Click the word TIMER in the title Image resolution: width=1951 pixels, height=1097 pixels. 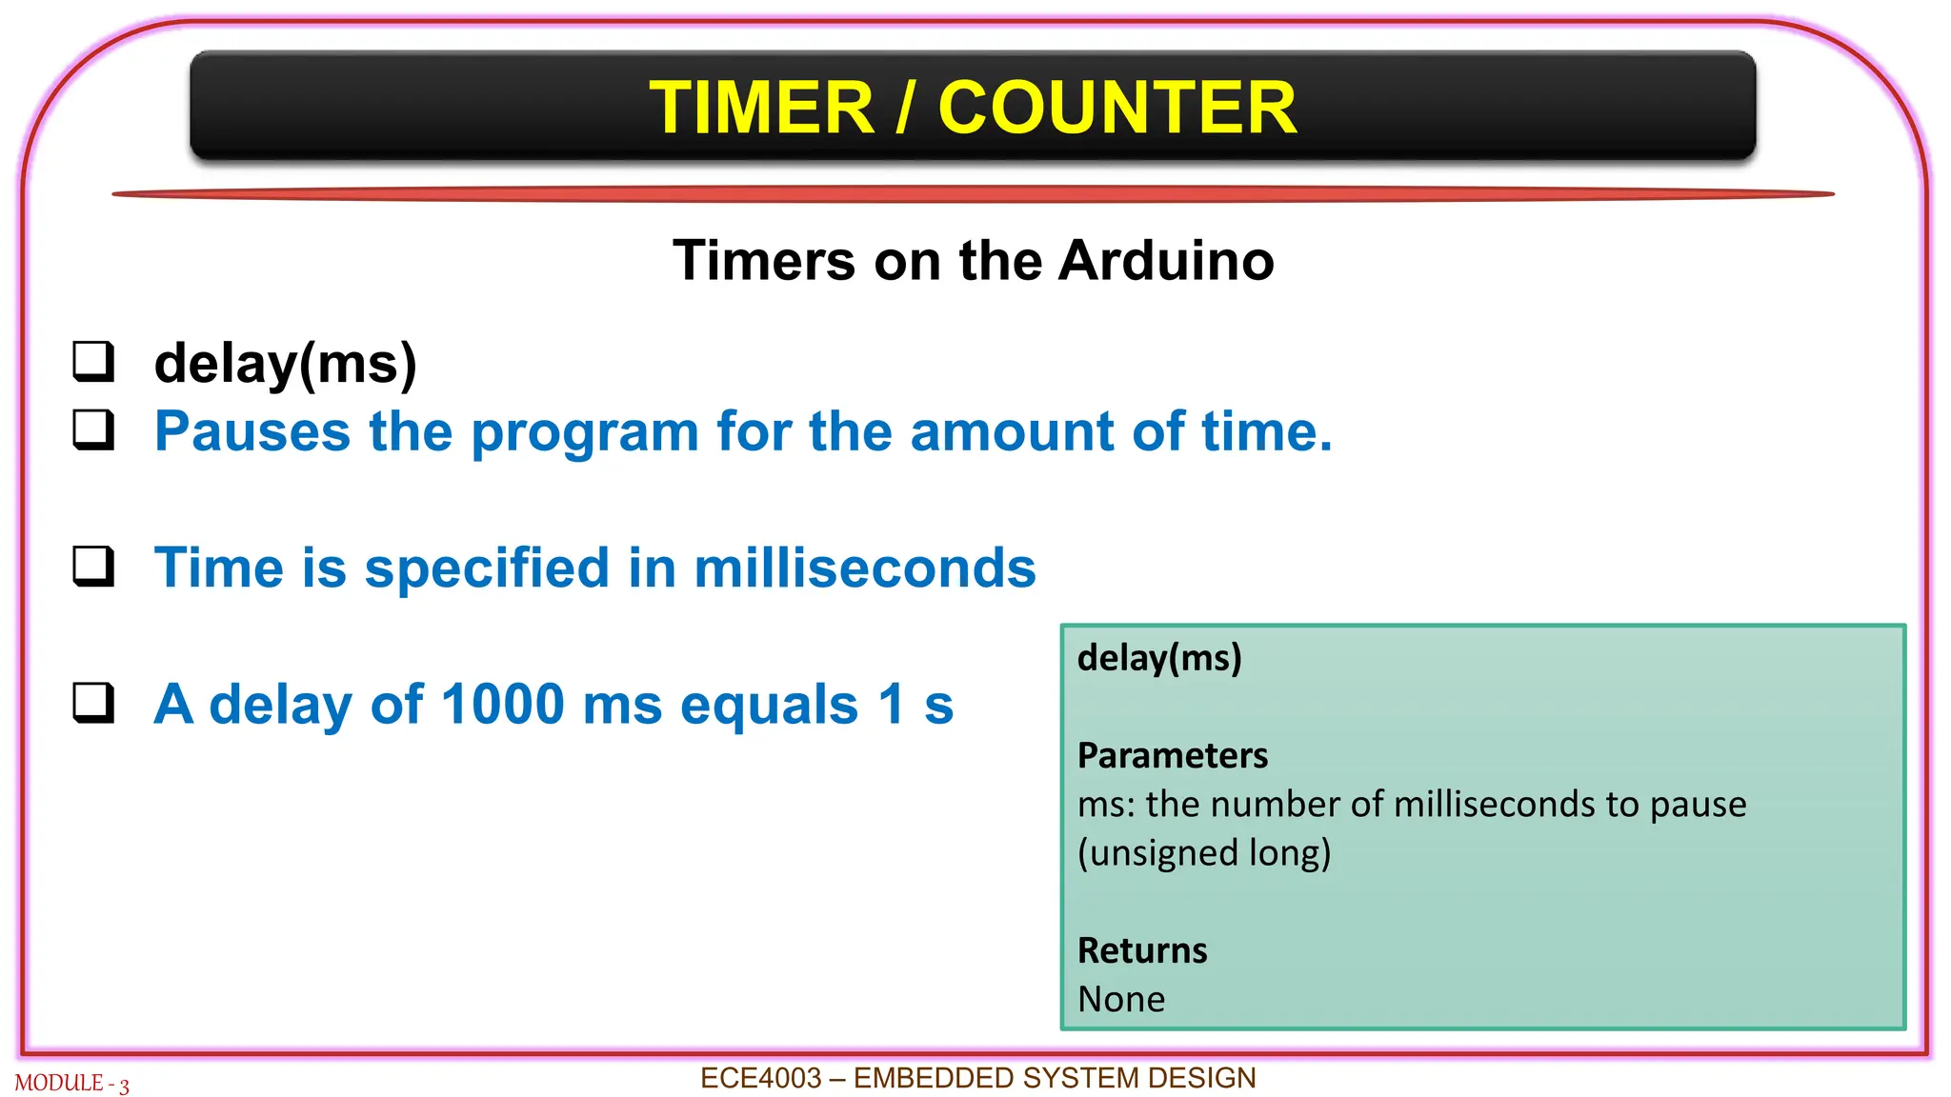[x=761, y=108]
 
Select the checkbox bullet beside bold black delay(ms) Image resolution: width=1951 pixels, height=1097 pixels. [x=93, y=362]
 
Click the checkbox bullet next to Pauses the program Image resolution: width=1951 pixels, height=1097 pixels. [x=93, y=429]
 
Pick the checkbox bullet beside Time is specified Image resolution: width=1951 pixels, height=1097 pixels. [x=93, y=566]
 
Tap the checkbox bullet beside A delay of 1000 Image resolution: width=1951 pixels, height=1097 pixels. [x=93, y=703]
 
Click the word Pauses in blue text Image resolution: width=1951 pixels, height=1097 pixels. [x=252, y=431]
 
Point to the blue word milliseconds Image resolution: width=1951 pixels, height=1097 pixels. [x=864, y=568]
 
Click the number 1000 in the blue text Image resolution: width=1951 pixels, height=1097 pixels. [x=503, y=705]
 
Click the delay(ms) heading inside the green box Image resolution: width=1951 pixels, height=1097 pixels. [x=1159, y=658]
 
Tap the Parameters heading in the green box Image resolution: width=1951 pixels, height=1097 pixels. [x=1173, y=755]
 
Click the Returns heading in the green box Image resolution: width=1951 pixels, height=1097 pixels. [x=1142, y=950]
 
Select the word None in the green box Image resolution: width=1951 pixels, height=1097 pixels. [x=1121, y=999]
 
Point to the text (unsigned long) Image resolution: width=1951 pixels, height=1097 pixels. [x=1204, y=853]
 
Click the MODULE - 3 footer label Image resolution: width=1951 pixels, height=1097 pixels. [x=72, y=1084]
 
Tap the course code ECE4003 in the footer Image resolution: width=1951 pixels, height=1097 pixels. [x=760, y=1078]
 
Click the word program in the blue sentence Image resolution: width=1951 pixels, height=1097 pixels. [x=585, y=433]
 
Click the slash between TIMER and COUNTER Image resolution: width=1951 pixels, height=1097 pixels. [x=906, y=108]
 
